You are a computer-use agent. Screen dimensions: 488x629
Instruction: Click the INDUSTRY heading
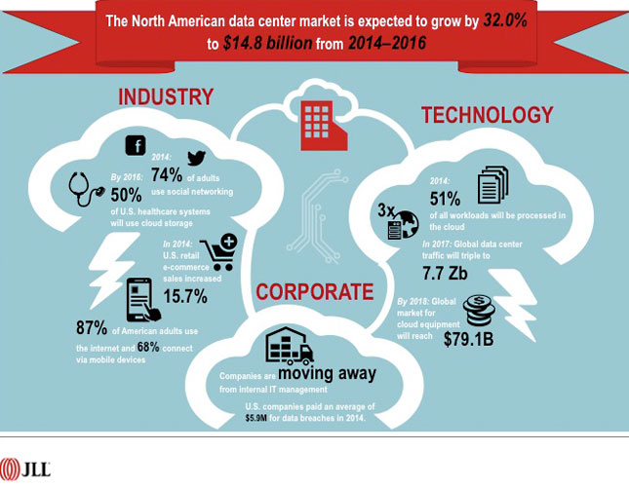coord(165,97)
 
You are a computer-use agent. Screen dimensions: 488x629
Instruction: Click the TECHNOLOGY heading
coord(487,116)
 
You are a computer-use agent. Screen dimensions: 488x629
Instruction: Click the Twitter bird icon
coord(197,160)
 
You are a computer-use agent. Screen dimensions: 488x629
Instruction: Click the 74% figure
coord(169,174)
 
